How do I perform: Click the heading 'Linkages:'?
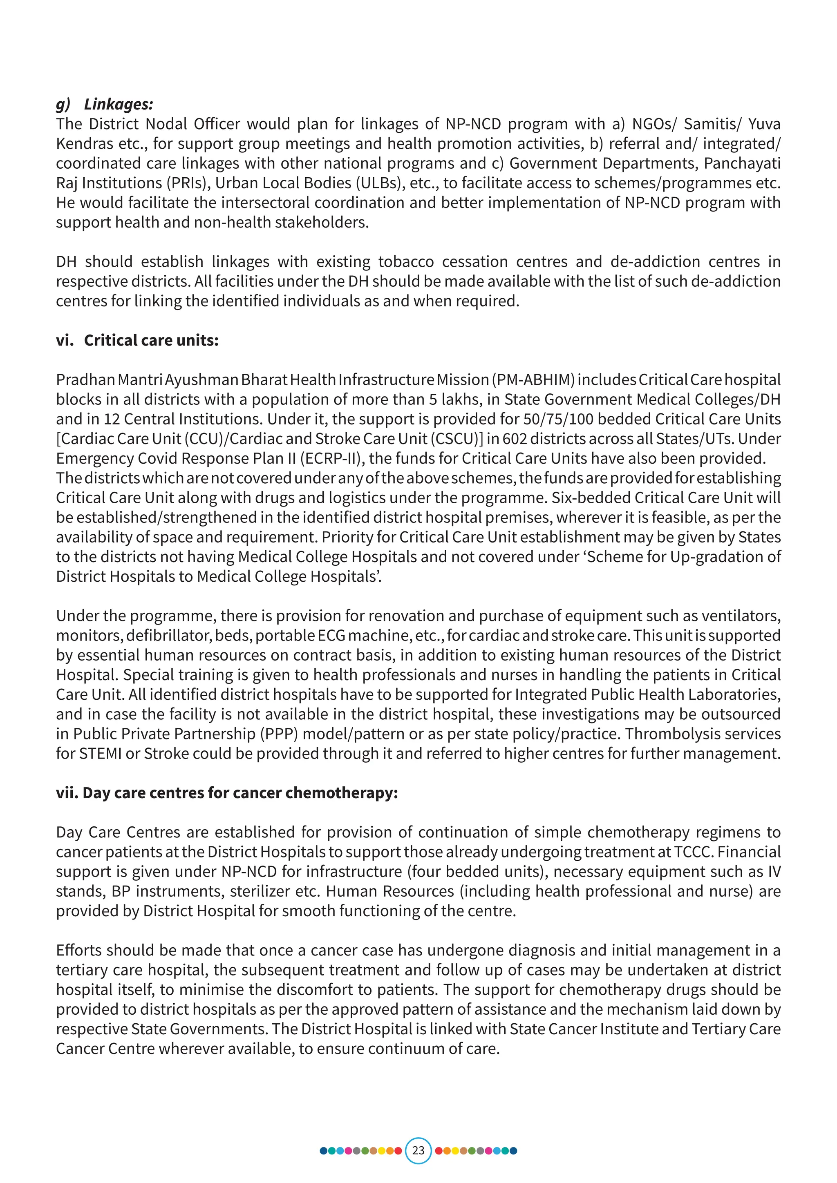[x=119, y=104]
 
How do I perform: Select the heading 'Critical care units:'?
[x=151, y=341]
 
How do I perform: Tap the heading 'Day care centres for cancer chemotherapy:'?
[x=240, y=793]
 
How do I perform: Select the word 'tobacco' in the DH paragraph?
[x=406, y=262]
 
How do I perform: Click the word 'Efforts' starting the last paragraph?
[x=79, y=950]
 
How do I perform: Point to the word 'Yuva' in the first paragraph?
[x=764, y=124]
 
